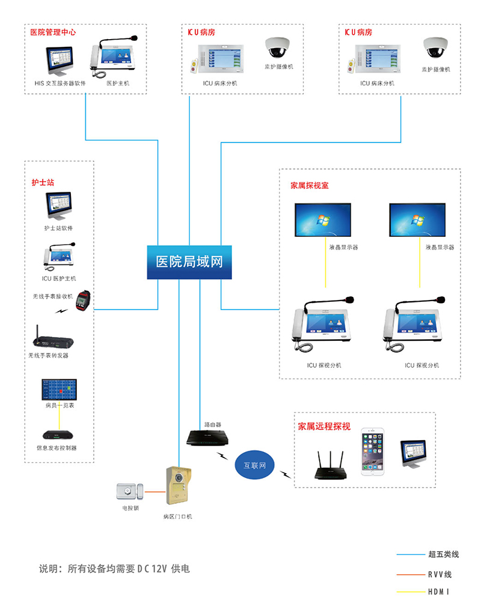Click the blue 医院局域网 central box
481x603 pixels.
coord(189,262)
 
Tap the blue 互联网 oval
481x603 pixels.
coord(254,465)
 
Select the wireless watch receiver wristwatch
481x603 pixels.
coord(83,301)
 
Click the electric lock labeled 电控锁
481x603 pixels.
coord(130,491)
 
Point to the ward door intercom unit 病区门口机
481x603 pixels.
coord(179,485)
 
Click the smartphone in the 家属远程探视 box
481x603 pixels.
coord(372,452)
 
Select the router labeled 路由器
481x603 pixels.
coord(207,438)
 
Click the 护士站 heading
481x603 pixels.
coord(43,182)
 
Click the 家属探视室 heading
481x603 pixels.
coord(310,185)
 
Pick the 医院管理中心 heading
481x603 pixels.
coord(53,32)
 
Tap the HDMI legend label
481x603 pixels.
coord(438,592)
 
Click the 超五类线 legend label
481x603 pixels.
coord(443,554)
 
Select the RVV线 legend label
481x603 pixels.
coord(440,574)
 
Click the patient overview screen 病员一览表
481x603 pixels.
coord(59,390)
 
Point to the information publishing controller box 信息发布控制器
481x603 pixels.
coord(58,435)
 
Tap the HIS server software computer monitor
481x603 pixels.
coord(60,61)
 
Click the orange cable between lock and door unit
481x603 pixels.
coord(155,492)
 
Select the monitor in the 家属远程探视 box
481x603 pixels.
coord(413,454)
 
